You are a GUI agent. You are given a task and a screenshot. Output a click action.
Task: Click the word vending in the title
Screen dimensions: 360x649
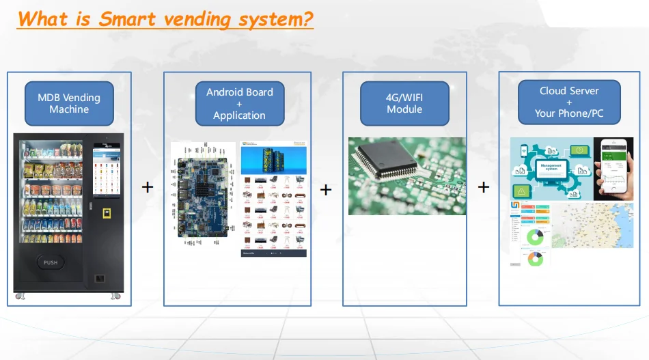click(x=191, y=18)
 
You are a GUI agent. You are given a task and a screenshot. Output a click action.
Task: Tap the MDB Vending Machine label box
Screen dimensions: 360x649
click(x=68, y=103)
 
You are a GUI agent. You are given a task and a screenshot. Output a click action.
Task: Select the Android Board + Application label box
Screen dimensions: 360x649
click(x=239, y=103)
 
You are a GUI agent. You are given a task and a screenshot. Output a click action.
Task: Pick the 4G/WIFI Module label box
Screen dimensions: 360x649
click(x=404, y=103)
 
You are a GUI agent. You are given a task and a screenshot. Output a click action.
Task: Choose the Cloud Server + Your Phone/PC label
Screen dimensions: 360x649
click(x=569, y=102)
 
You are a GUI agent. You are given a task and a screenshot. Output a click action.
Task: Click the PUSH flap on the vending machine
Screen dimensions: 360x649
click(x=51, y=262)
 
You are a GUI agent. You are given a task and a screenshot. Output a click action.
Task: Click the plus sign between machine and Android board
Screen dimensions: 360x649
click(x=147, y=186)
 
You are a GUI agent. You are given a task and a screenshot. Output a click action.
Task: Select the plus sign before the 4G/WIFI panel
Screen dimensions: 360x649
click(x=326, y=189)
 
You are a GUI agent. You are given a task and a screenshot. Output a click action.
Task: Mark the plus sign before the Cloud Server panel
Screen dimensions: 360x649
click(x=484, y=186)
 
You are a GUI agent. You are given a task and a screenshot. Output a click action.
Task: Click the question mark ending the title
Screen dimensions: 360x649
click(x=307, y=18)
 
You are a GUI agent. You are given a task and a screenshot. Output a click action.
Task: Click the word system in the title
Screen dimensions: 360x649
click(x=263, y=18)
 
